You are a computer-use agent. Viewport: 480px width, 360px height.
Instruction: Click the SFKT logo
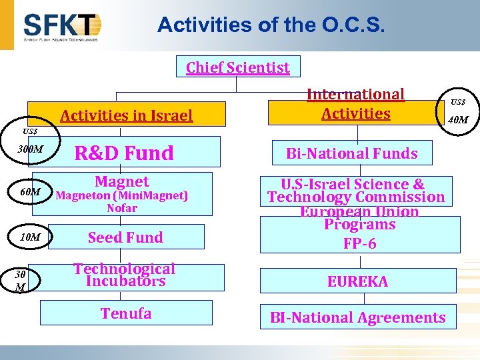pos(62,27)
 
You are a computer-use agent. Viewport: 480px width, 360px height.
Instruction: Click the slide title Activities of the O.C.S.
pos(271,25)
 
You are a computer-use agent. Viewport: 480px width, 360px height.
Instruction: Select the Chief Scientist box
pos(238,67)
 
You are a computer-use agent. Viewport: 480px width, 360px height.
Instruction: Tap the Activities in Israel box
pos(126,115)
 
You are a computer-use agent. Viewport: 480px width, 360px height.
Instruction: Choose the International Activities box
pos(355,105)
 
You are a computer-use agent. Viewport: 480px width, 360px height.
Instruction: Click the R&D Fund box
pos(125,153)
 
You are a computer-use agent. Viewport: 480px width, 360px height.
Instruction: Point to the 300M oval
pos(30,149)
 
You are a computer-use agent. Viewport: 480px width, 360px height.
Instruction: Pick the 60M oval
pos(31,192)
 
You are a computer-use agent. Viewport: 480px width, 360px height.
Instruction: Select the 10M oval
pos(30,237)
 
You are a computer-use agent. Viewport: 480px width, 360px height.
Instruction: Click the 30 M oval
pos(21,280)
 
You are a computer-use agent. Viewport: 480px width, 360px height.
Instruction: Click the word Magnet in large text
pos(122,181)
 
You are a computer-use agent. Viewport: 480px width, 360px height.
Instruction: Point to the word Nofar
pos(122,208)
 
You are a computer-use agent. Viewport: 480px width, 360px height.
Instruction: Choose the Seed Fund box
pos(125,237)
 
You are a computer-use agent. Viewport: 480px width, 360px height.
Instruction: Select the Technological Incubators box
pos(125,275)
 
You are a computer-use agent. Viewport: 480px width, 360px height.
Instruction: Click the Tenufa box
pos(126,313)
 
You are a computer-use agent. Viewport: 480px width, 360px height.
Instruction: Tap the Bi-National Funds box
pos(351,153)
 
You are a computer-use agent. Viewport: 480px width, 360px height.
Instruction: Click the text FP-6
pos(360,243)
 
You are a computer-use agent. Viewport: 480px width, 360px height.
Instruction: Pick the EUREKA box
pos(357,281)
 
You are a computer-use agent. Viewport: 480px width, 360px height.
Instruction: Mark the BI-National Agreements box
pos(357,317)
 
